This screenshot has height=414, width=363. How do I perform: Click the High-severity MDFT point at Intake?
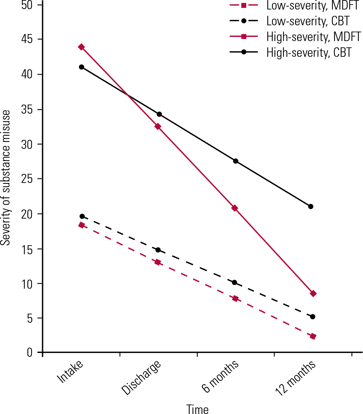tap(82, 47)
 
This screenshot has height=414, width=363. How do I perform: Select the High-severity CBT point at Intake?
tap(82, 67)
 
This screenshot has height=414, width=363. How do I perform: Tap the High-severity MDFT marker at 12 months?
tap(313, 294)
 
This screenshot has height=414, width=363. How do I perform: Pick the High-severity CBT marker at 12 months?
tap(311, 207)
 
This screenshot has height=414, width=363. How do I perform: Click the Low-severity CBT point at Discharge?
tap(158, 250)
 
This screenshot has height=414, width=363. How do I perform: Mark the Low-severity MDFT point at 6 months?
tap(235, 298)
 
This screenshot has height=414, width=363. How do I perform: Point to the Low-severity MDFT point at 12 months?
tap(313, 336)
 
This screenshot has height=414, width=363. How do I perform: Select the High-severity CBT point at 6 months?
tap(236, 161)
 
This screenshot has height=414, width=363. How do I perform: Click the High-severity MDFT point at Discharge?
tap(158, 127)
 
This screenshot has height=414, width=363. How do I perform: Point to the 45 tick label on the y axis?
tap(28, 40)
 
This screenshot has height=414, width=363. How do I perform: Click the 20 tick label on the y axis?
tap(28, 214)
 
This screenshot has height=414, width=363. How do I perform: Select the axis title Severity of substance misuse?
tap(6, 178)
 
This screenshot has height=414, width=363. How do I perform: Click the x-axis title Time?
tap(197, 409)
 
